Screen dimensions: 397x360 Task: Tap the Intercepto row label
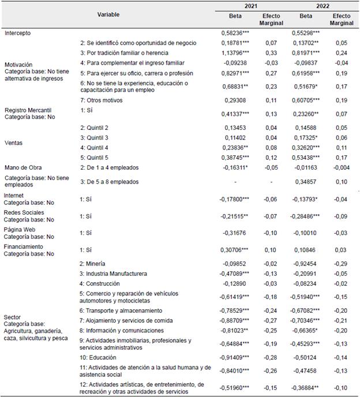point(17,33)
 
